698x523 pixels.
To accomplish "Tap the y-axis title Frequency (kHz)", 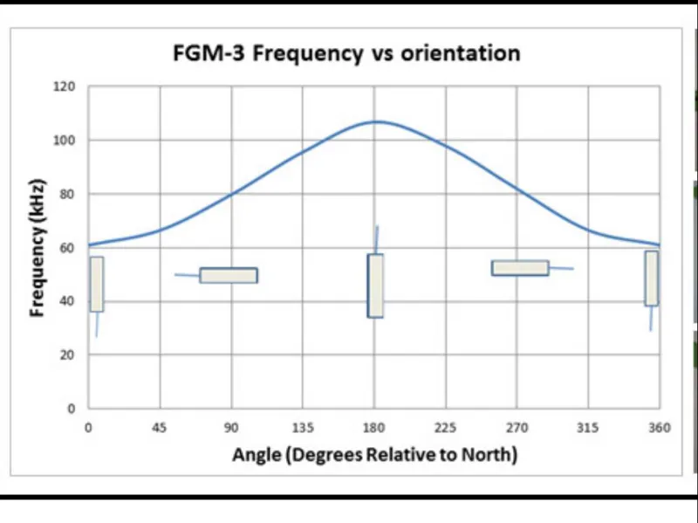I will click(x=38, y=248).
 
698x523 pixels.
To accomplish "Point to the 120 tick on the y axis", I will click(x=66, y=87).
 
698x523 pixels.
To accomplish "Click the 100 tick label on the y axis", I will click(x=66, y=141).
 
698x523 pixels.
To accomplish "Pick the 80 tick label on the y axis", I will click(x=69, y=194).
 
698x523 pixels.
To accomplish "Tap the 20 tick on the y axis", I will click(x=69, y=354).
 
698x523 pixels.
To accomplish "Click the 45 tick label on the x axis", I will click(x=161, y=427).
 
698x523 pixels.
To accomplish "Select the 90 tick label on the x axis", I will click(x=232, y=427).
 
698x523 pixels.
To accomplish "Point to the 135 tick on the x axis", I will click(x=303, y=427).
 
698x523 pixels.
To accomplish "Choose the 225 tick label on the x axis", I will click(x=446, y=427).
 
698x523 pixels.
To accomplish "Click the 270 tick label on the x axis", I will click(x=517, y=427).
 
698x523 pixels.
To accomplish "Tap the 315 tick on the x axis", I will click(x=588, y=427).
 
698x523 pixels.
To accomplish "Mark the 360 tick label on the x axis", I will click(x=660, y=427).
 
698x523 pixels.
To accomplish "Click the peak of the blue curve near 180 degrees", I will click(x=376, y=121).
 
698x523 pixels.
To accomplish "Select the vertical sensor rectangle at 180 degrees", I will click(x=375, y=286).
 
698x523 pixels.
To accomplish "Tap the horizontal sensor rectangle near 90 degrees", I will click(x=229, y=275).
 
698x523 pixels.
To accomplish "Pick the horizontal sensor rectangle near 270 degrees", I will click(x=520, y=268).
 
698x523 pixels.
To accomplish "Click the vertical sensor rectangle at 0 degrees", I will click(x=97, y=284).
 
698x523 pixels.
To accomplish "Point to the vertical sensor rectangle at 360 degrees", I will click(x=651, y=279).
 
